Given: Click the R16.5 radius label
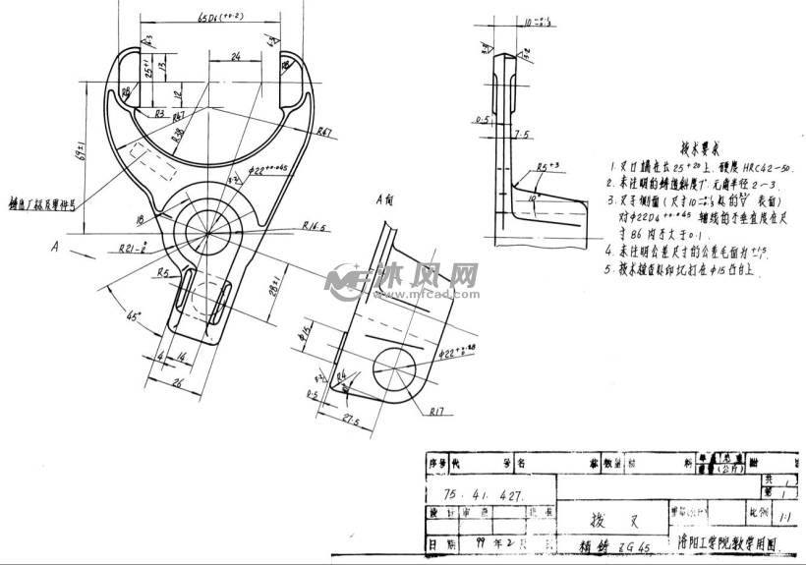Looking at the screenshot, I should [x=314, y=227].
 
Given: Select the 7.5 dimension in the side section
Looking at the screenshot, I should [x=521, y=133].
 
